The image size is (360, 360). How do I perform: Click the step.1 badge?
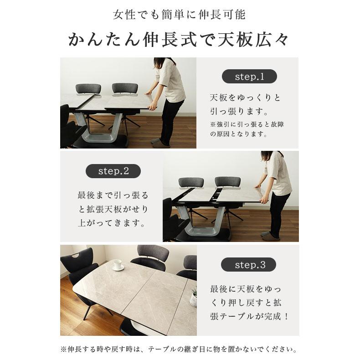pos(249,77)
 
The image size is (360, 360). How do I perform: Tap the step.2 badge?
pos(113,171)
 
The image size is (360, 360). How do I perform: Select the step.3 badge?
pos(249,265)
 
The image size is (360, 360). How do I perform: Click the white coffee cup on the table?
pos(118,265)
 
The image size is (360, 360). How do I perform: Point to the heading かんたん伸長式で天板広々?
pos(178,40)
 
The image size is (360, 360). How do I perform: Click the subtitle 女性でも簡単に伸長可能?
pos(179,15)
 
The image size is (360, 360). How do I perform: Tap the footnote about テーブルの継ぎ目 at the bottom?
pos(179,350)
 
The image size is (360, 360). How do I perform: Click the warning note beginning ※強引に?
pos(247,129)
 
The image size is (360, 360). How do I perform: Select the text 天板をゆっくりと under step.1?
pos(245,98)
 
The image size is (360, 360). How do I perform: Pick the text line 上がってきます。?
pos(112,223)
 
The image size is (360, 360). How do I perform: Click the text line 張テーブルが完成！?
pos(249,317)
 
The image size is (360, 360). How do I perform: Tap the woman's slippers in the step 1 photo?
pos(160,142)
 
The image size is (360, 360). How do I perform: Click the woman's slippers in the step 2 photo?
pos(270,236)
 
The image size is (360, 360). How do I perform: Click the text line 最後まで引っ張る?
pos(113,195)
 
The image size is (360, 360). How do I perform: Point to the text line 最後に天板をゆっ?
pos(246,289)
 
